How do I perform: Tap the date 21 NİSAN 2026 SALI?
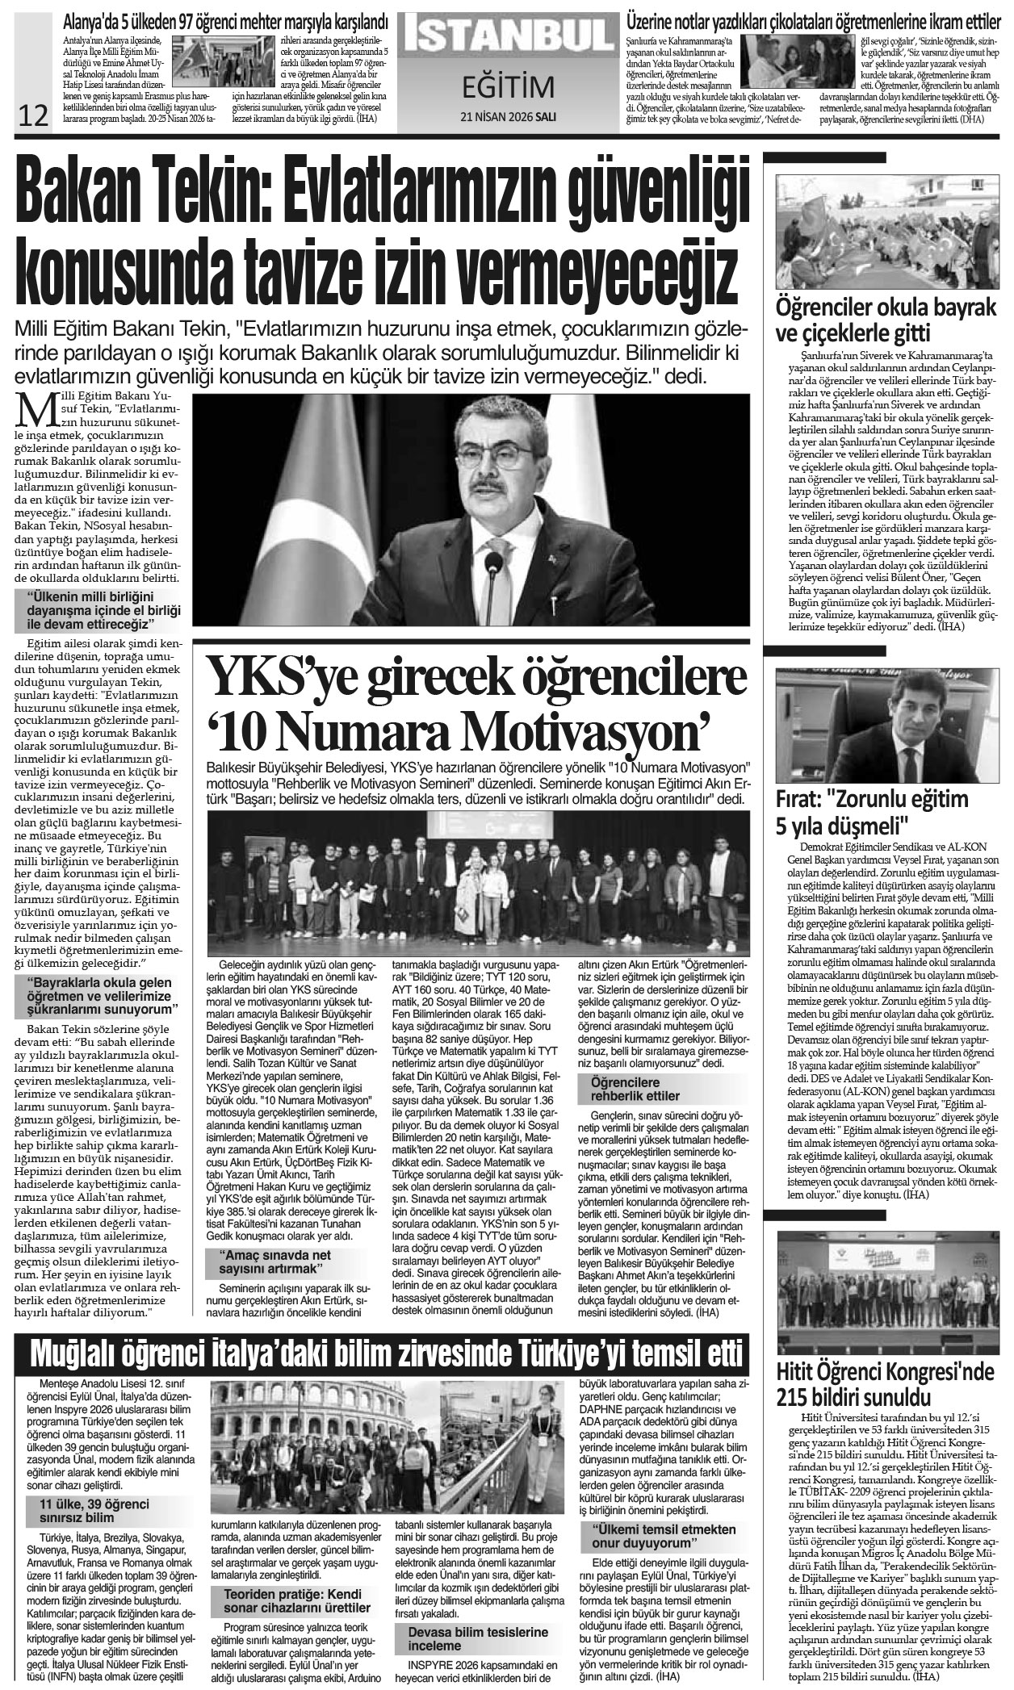pos(508,115)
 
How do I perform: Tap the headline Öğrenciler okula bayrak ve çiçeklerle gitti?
pos(886,320)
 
